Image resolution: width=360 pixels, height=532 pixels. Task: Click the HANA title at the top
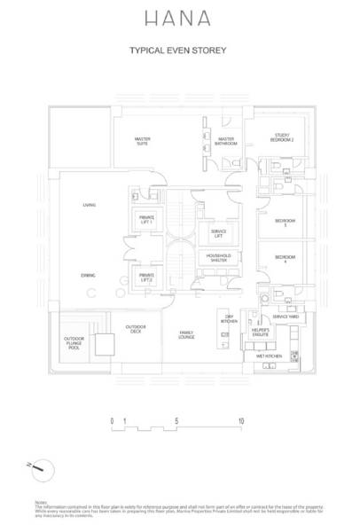179,18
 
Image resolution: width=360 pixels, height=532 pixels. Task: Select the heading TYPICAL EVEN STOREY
179,51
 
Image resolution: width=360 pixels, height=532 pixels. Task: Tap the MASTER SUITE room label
142,141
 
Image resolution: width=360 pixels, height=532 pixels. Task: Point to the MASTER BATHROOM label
226,141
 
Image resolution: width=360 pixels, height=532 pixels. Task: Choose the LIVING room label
89,206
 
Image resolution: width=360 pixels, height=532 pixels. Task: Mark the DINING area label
89,276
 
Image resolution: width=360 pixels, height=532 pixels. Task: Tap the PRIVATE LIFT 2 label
145,278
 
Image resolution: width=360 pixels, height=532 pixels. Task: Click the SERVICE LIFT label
218,233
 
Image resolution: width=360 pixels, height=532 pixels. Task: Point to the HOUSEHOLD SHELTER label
218,258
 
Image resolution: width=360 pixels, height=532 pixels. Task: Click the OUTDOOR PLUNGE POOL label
74,343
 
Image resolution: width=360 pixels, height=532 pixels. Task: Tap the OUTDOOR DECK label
135,329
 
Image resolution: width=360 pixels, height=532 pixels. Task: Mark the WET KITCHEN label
269,356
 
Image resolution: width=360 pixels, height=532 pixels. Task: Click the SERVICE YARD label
285,317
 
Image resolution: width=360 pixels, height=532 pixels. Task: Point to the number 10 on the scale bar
240,421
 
